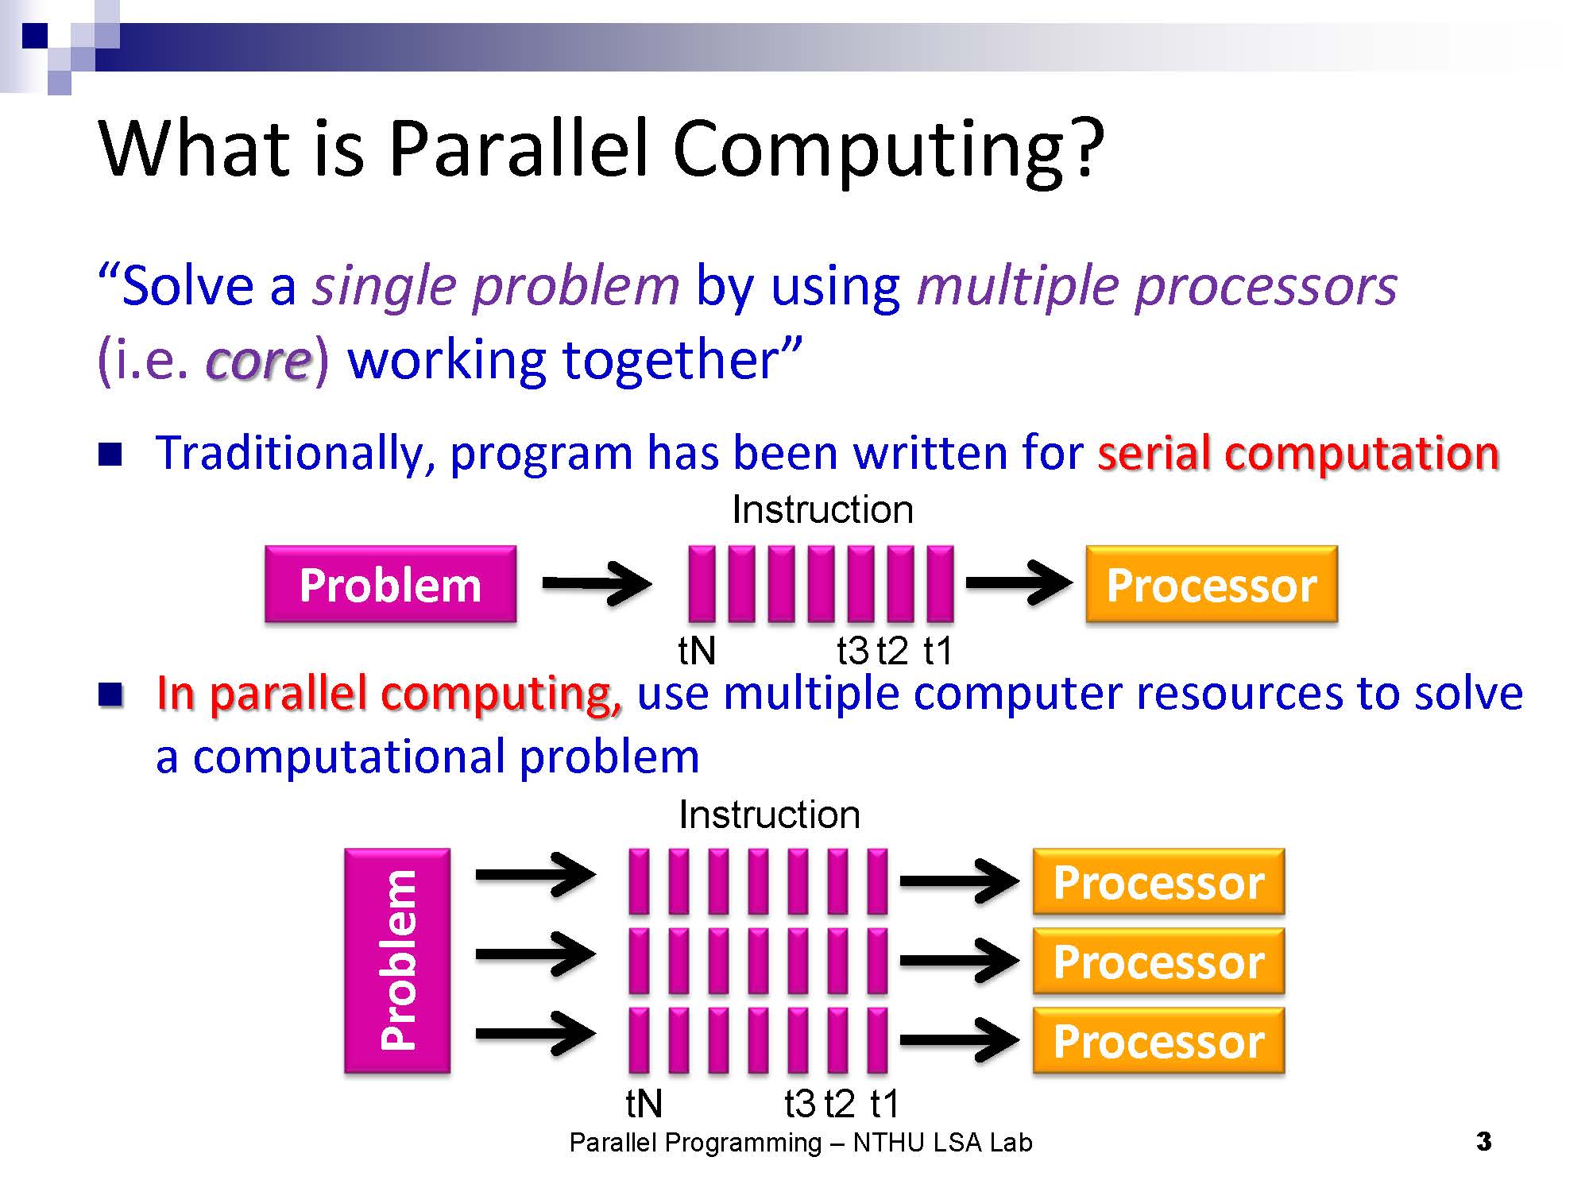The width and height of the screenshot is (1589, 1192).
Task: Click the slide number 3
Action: [1483, 1142]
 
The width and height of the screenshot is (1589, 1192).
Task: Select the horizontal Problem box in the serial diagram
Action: [391, 584]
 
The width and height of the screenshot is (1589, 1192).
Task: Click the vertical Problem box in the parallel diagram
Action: [397, 961]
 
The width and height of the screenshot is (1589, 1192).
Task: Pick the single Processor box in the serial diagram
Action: [1212, 584]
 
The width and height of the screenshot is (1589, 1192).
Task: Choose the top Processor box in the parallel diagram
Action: [1158, 882]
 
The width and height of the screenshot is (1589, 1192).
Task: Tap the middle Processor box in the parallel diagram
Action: [1158, 962]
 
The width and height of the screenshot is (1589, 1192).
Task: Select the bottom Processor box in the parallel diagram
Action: [1158, 1041]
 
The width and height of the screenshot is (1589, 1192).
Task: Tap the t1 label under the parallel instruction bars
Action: [884, 1104]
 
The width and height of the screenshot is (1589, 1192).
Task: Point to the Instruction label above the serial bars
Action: [822, 509]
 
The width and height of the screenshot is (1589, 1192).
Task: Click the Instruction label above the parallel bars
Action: [769, 815]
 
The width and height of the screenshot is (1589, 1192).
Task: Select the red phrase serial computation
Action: [1298, 454]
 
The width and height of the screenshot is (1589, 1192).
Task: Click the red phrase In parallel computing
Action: [389, 694]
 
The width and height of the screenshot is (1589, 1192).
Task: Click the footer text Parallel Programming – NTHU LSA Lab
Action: [801, 1143]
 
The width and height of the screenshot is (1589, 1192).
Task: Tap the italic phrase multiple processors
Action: [1157, 287]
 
